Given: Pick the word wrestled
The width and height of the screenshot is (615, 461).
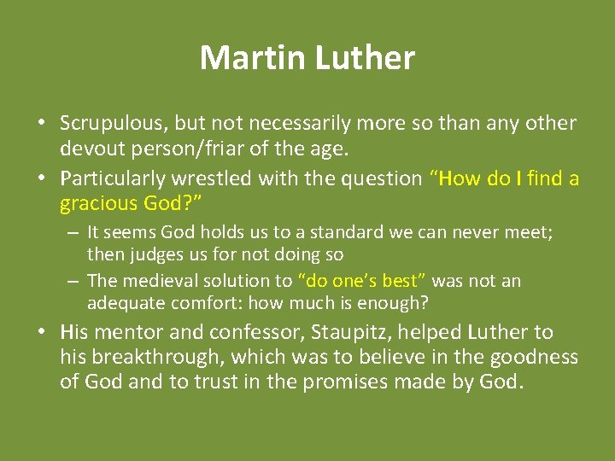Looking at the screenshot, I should (x=208, y=178).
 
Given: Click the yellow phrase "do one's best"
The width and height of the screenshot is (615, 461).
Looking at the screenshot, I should (x=361, y=281).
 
